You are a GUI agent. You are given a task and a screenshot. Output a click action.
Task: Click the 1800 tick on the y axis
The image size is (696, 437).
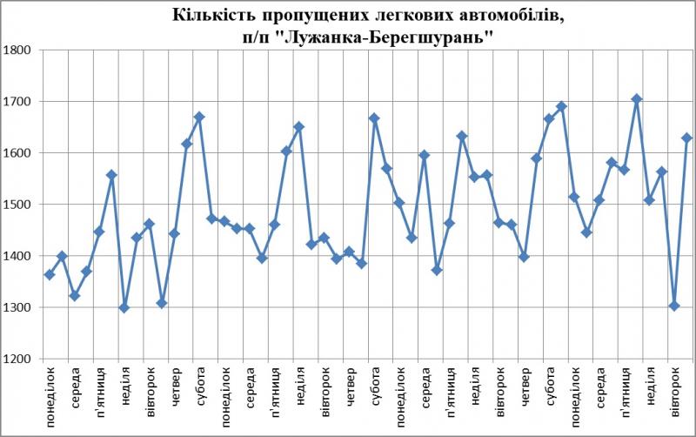(x=17, y=50)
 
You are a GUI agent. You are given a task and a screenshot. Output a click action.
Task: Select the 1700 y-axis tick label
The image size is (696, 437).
(x=17, y=101)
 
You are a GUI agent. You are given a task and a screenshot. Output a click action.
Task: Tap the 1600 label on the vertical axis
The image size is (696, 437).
(x=17, y=153)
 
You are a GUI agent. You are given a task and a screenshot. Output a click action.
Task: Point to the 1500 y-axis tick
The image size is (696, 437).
(x=17, y=205)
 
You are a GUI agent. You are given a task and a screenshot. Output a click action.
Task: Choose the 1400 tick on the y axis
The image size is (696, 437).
(x=17, y=256)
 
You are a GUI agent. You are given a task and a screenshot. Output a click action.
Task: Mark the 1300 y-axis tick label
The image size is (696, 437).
(x=17, y=307)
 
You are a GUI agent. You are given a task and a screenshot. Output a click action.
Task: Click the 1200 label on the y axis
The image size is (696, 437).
(x=17, y=359)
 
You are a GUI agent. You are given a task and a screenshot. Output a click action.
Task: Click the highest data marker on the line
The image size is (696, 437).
(x=636, y=99)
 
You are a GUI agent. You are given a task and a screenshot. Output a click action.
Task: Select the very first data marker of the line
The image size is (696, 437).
(x=50, y=275)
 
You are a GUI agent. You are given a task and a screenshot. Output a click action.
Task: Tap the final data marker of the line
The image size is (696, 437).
(x=686, y=138)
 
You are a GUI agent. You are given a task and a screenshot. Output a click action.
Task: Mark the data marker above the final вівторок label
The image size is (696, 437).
(x=674, y=306)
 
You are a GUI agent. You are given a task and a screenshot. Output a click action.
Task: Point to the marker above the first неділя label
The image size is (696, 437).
(x=124, y=308)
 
